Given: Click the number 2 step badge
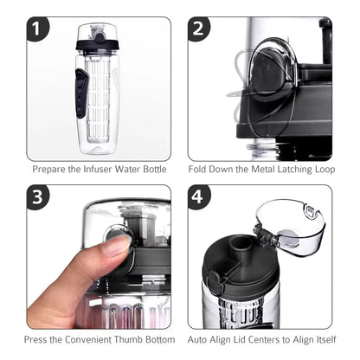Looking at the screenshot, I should click(x=200, y=29).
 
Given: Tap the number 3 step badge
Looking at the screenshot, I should click(x=38, y=196).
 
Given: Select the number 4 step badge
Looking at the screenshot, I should click(x=200, y=196).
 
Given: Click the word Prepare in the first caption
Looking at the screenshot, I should click(x=49, y=170).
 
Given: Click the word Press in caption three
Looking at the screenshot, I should click(x=39, y=338).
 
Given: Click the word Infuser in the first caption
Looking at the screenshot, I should click(x=93, y=170).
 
